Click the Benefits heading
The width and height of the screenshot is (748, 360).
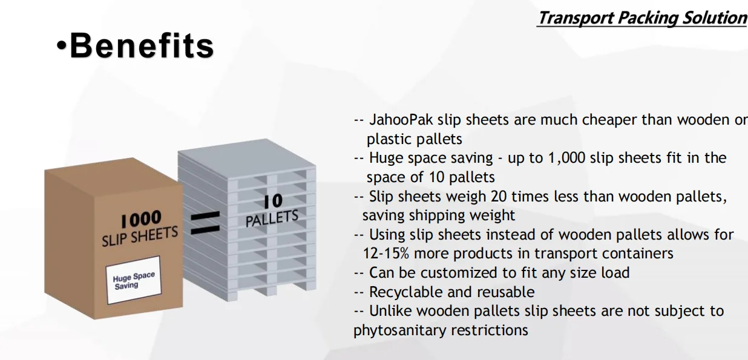tap(142, 46)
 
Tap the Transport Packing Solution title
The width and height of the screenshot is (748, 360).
tap(642, 18)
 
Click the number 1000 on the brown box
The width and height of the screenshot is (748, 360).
tap(140, 218)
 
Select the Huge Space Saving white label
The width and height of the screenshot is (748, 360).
tap(134, 280)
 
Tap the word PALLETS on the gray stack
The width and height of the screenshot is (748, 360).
tap(272, 218)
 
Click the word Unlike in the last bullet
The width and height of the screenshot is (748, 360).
tap(390, 311)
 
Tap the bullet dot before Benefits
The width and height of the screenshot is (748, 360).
tap(61, 46)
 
